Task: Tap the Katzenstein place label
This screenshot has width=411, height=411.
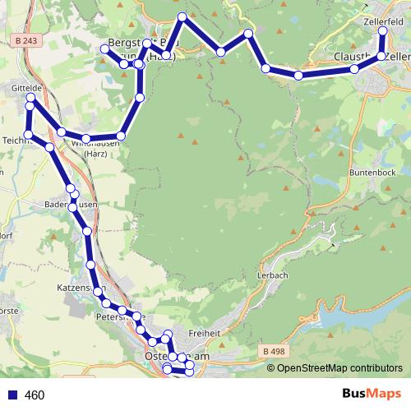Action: pos(78,289)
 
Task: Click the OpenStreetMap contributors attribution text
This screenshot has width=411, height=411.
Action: pos(339,368)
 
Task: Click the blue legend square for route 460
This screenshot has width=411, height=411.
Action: pos(12,395)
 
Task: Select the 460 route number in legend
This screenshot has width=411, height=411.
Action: pos(35,395)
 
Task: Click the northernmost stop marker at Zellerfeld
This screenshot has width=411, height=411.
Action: pos(382,30)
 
